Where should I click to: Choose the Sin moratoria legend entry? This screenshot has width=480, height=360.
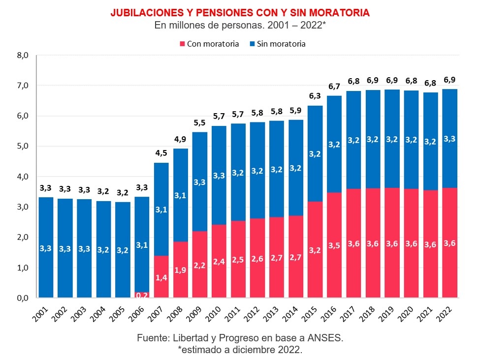pyautogui.click(x=278, y=44)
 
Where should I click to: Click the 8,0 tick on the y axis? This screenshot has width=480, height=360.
pyautogui.click(x=23, y=56)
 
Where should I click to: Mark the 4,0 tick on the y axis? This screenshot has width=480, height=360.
pyautogui.click(x=23, y=177)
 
